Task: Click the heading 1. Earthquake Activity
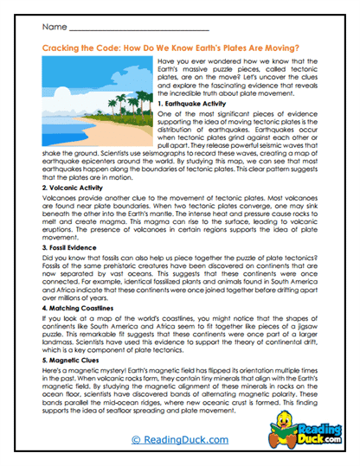point(196,104)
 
